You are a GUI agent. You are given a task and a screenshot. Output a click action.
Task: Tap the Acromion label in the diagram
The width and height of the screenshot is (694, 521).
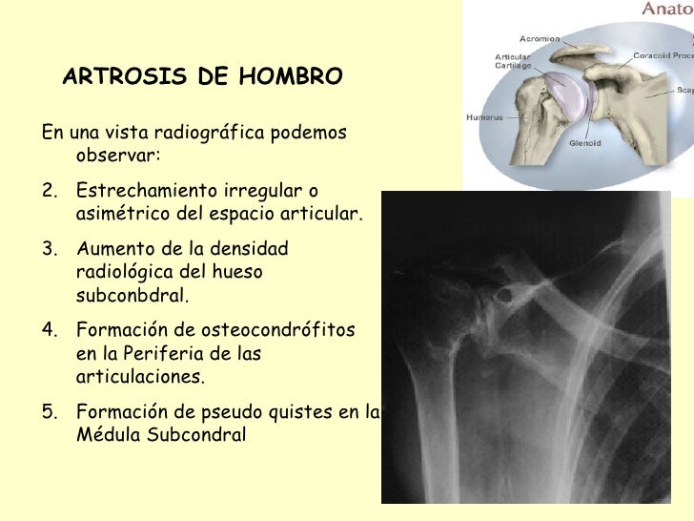539,39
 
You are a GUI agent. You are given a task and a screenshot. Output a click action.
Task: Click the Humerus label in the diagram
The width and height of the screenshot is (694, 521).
483,118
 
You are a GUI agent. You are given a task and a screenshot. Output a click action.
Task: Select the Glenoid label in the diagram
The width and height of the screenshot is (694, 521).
582,144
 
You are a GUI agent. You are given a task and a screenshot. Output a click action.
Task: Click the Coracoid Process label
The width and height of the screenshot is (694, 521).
662,56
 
